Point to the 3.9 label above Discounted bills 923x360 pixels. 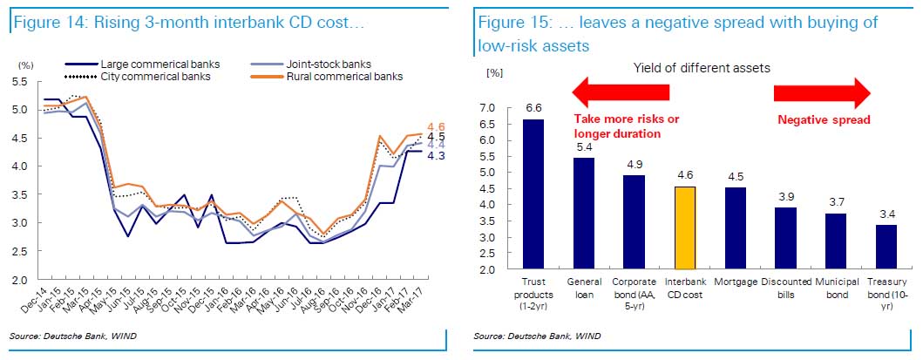787,196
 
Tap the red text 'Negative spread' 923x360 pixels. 823,120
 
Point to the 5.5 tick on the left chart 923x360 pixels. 20,82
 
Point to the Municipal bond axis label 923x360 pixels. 838,288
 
